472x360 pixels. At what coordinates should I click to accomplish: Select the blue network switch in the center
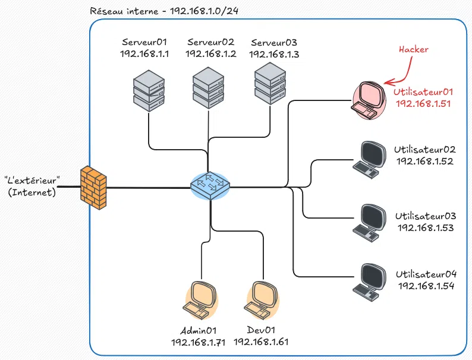pos(210,186)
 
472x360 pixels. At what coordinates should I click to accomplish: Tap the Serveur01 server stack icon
pos(148,90)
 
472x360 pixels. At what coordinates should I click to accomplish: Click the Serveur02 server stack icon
pos(209,89)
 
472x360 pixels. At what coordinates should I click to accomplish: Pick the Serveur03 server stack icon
pos(271,84)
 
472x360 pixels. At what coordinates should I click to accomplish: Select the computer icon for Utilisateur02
pos(367,160)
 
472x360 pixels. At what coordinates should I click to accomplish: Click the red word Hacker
pos(414,50)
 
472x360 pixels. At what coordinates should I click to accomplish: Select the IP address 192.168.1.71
pos(199,342)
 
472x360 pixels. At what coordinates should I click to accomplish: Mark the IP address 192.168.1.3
pos(274,54)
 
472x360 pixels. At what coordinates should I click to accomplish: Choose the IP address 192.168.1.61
pos(262,342)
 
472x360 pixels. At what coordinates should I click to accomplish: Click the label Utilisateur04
pos(426,274)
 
